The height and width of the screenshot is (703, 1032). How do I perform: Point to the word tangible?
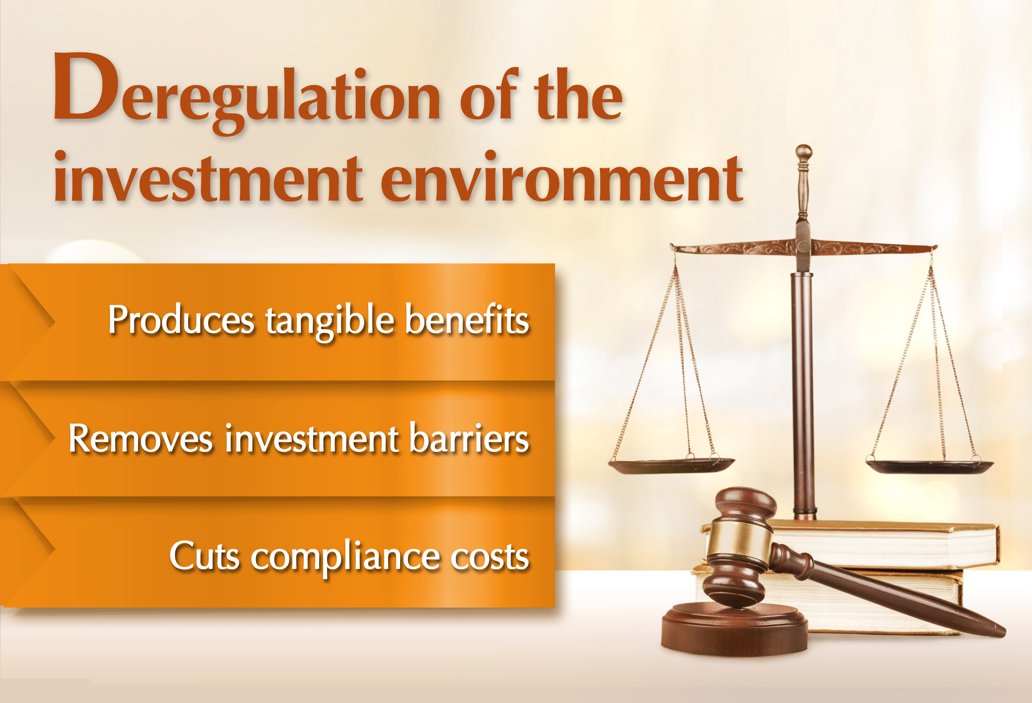point(329,321)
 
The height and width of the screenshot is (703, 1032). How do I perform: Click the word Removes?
point(141,439)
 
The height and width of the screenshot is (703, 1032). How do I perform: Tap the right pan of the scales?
point(929,466)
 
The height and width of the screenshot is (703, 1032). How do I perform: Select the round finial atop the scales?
point(803,153)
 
